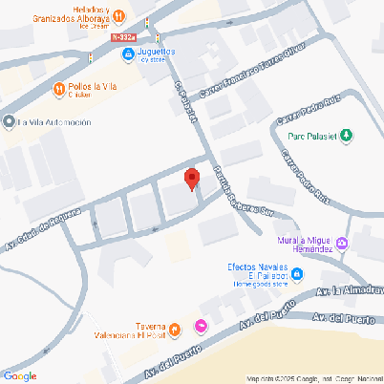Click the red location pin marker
click(191, 179)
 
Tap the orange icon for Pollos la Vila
click(59, 89)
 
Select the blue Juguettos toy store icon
click(127, 54)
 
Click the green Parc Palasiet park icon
click(346, 136)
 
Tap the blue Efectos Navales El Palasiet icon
click(297, 275)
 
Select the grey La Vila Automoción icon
click(9, 122)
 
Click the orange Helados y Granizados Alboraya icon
click(117, 15)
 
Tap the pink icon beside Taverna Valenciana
click(201, 327)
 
